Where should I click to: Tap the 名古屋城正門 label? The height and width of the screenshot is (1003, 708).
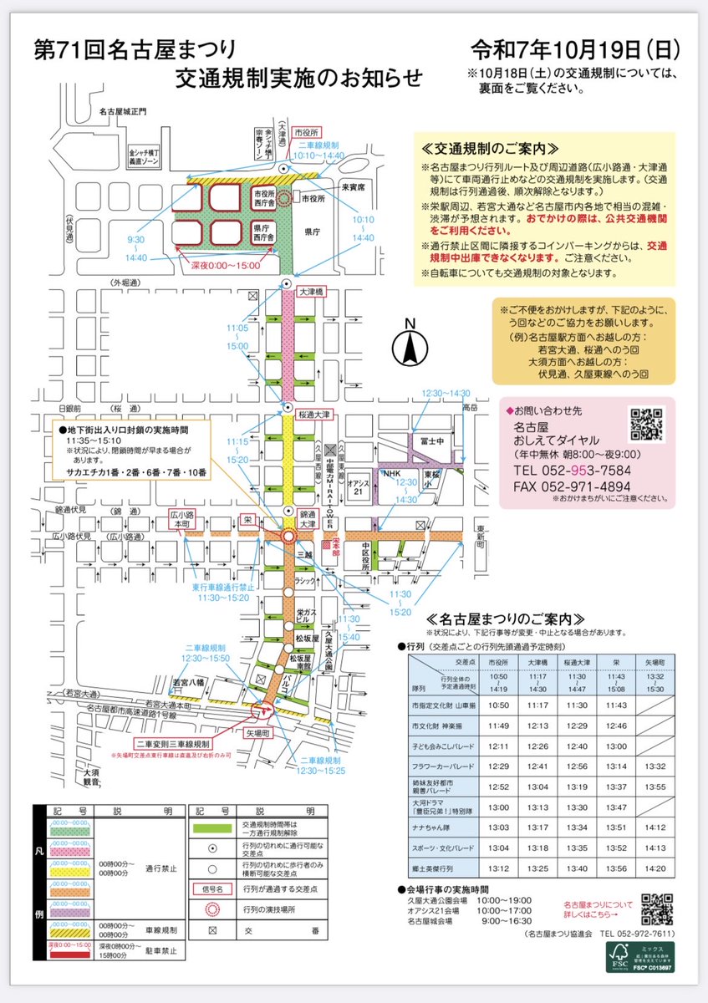tap(121, 111)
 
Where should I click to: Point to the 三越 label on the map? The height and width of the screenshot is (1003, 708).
tap(304, 552)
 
